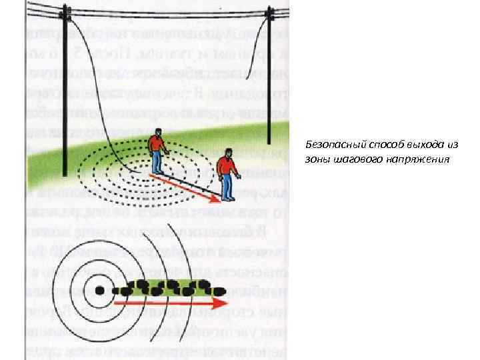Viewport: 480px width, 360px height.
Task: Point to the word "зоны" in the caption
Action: point(317,160)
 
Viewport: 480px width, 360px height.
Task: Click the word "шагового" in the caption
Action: point(354,160)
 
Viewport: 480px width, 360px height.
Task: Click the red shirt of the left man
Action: point(157,144)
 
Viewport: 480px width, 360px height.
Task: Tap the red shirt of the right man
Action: point(227,165)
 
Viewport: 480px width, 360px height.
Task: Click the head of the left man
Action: point(158,132)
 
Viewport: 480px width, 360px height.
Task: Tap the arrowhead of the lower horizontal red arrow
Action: point(223,303)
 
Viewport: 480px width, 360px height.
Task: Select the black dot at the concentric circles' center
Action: point(99,291)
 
